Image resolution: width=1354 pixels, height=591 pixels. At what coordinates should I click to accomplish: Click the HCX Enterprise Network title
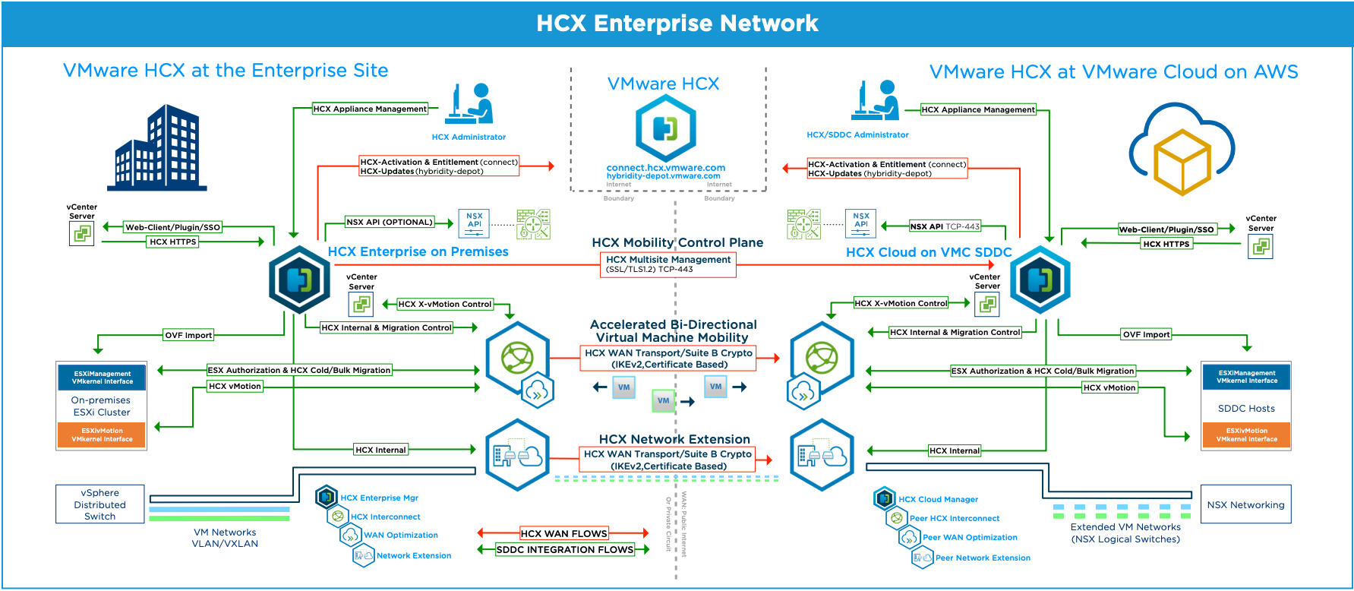[677, 24]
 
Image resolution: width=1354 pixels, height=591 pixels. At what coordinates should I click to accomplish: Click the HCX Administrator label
[469, 137]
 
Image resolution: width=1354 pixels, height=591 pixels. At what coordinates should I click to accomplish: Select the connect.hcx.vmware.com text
[665, 168]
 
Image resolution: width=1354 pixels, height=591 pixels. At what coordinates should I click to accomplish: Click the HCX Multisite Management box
[668, 264]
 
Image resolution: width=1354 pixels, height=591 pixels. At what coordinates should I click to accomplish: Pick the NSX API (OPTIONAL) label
[390, 223]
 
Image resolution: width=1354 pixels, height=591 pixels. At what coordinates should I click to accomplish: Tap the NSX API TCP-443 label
[945, 226]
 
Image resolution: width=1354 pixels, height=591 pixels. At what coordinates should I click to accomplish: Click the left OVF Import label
[188, 335]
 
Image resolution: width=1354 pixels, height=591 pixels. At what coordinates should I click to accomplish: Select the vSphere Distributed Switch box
[100, 504]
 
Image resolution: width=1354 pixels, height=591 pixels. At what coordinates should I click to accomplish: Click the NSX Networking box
[1245, 504]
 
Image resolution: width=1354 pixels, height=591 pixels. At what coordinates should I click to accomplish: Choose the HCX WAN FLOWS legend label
[563, 533]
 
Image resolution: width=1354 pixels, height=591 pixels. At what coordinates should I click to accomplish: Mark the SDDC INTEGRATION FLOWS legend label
[564, 549]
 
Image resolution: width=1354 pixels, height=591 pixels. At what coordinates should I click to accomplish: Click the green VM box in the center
[664, 400]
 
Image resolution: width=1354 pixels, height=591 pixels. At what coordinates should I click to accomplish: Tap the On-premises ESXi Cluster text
[102, 406]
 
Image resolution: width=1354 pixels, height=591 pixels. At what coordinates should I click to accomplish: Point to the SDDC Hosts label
[1246, 409]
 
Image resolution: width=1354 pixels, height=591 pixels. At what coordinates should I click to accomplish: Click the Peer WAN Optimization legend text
[970, 537]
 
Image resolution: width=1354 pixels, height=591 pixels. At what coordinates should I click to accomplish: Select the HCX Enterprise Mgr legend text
[379, 498]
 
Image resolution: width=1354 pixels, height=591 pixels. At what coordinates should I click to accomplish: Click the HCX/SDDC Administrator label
[857, 135]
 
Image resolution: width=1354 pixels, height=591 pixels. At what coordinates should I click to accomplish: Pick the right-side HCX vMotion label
[1109, 387]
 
